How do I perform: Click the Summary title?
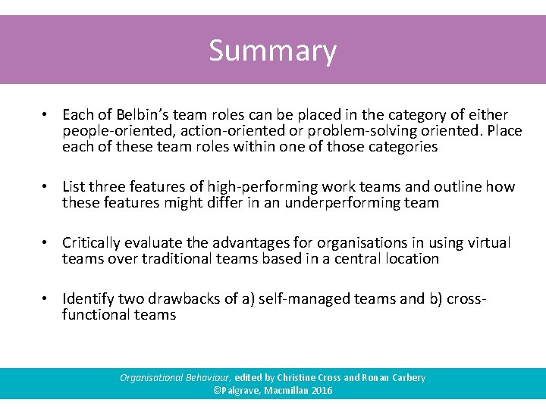tap(273, 52)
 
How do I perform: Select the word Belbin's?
tap(143, 114)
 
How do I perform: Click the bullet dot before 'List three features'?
tap(46, 186)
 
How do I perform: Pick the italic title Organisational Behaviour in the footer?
tap(175, 377)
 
